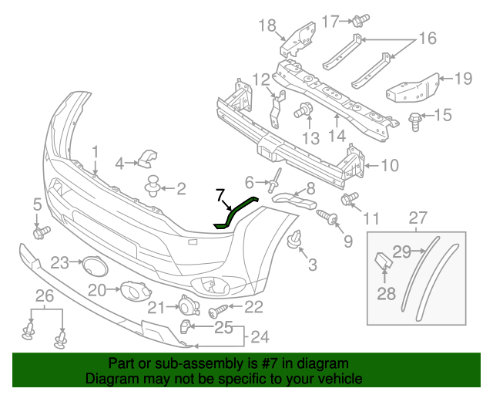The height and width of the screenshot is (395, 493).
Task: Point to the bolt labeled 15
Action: coord(414,122)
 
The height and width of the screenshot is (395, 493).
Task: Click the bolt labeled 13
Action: coord(303,110)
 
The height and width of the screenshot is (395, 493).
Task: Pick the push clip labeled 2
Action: coord(153,185)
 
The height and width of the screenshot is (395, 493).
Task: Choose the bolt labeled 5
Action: coord(41,232)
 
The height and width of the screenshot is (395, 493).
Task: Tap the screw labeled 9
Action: coord(327,217)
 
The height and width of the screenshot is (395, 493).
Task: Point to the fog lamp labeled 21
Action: coord(189,306)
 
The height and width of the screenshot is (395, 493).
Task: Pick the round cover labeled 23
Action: coord(95,266)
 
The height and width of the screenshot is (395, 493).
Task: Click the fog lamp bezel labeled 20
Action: coord(136,290)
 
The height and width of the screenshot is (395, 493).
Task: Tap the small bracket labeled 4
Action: coord(147,158)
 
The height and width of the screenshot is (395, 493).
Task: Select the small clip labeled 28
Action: coord(384,259)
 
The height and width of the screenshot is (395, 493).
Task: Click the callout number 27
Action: coord(418,218)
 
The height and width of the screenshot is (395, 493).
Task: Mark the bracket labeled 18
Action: coord(298,39)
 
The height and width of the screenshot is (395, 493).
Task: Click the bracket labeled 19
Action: coord(413,89)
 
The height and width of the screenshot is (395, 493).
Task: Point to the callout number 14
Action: coord(337,136)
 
